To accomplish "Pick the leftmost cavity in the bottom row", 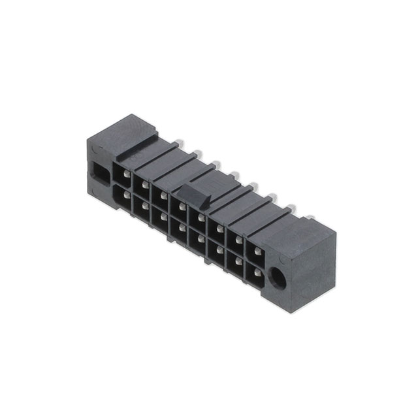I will click(122, 196).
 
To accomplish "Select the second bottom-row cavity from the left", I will click(141, 207).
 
